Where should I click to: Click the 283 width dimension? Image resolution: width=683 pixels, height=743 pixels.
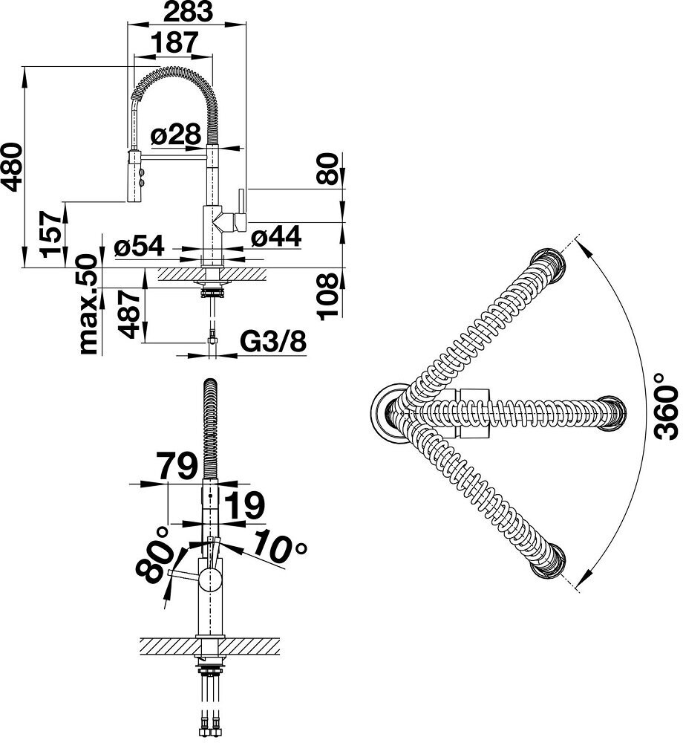pos(188,12)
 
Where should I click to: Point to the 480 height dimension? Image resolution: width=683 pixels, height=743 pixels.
pos(13,166)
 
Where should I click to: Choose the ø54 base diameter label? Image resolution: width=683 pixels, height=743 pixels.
pos(139,246)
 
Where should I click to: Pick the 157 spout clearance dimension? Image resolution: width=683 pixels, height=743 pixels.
pos(51,235)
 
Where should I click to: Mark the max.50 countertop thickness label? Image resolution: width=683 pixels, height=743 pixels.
pos(88,304)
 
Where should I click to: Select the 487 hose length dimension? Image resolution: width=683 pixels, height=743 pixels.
pos(128,314)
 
